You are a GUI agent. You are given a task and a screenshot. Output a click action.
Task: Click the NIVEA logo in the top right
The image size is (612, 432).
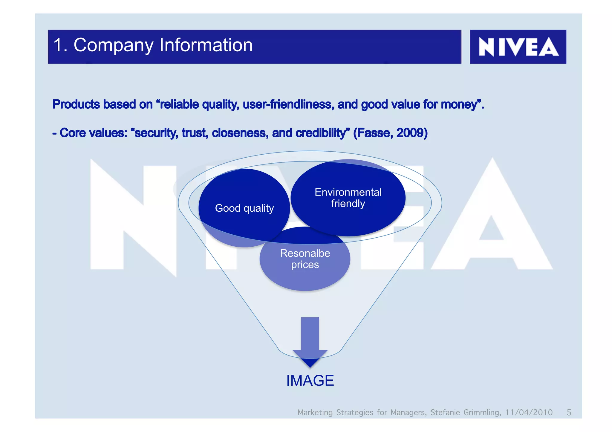518,47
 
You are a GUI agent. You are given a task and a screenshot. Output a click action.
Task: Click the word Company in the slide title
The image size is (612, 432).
113,45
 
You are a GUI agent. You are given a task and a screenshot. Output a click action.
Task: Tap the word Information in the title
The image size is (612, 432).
206,45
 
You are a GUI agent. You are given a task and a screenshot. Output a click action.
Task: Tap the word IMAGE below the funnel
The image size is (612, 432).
310,381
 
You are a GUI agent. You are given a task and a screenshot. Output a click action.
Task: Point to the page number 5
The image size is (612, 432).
569,412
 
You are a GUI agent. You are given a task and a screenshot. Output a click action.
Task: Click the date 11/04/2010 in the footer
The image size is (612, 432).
529,412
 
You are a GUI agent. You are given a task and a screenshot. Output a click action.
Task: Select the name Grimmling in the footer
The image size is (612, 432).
482,412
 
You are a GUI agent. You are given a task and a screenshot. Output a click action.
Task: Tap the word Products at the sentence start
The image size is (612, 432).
76,104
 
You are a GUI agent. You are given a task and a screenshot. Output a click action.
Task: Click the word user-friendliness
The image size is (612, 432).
288,104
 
